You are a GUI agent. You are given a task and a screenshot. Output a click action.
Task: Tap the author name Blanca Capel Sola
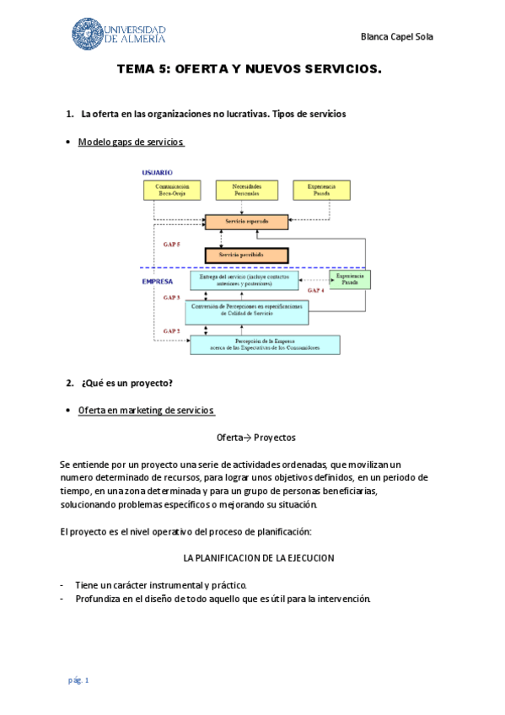click(x=396, y=37)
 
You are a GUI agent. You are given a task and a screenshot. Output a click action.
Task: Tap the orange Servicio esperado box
click(x=246, y=222)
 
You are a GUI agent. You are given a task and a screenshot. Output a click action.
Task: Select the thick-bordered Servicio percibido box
click(x=246, y=255)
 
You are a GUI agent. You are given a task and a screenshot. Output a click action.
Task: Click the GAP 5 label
click(x=171, y=243)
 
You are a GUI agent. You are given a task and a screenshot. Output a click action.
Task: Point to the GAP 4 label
click(x=316, y=291)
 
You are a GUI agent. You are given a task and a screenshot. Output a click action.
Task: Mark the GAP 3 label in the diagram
click(x=171, y=298)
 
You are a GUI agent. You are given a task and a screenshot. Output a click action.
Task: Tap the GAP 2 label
click(x=171, y=331)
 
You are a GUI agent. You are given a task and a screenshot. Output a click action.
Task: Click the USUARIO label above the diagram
click(x=157, y=172)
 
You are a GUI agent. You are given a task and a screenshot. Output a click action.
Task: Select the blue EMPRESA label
click(x=158, y=282)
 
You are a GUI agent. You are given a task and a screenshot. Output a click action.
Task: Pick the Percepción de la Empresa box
click(x=265, y=344)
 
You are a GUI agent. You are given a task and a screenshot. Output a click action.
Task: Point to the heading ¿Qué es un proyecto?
click(x=127, y=384)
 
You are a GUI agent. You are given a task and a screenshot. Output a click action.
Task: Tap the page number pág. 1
click(x=78, y=680)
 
